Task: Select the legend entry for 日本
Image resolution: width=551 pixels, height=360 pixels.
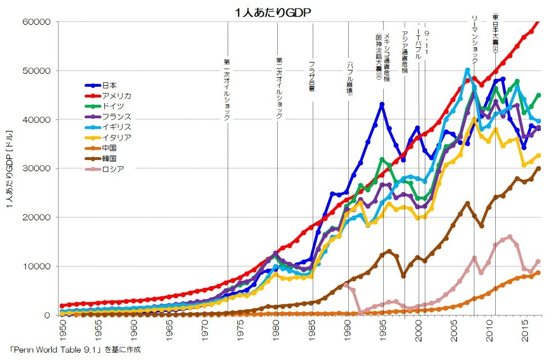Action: click(109, 85)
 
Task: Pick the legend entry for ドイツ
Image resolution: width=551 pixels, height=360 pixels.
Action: click(113, 106)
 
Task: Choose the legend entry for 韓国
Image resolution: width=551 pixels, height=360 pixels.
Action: click(109, 158)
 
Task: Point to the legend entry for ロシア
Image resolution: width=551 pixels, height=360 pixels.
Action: click(113, 168)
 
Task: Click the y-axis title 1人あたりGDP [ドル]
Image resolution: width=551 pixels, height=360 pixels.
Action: click(11, 168)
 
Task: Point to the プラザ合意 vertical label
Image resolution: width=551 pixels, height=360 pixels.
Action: click(312, 77)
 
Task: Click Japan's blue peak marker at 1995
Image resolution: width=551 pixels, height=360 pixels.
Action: click(382, 104)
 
